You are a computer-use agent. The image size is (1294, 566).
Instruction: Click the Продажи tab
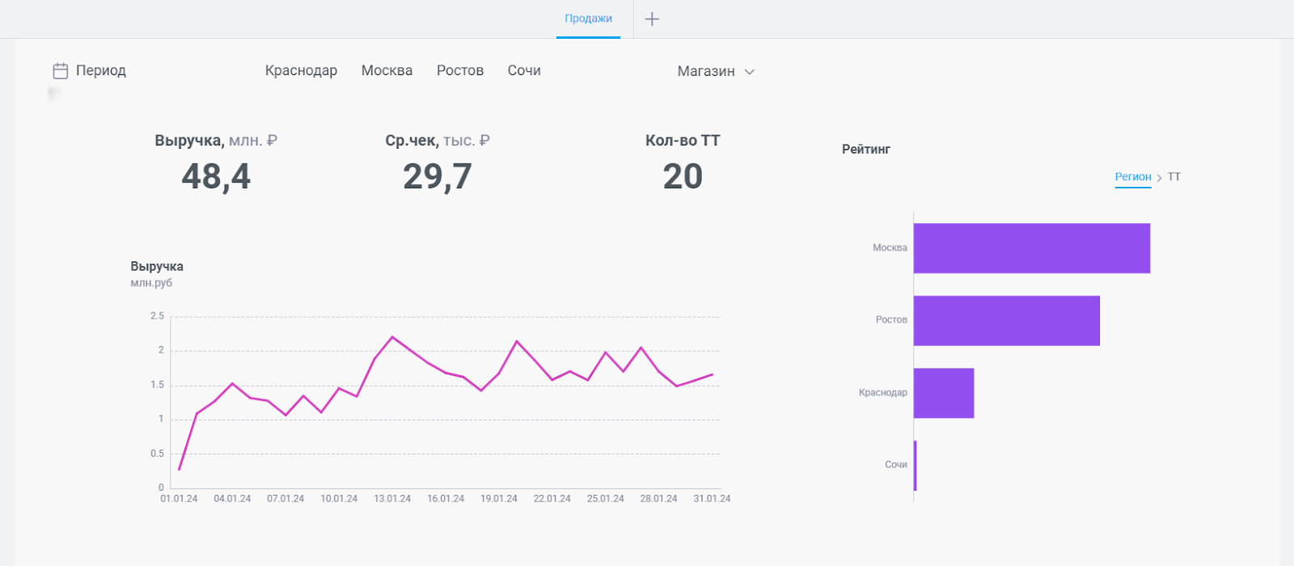pyautogui.click(x=588, y=19)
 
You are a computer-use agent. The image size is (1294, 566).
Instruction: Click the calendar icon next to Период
pyautogui.click(x=61, y=70)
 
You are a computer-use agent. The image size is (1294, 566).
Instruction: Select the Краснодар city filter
pyautogui.click(x=301, y=70)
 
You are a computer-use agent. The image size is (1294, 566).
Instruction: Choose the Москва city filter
pyautogui.click(x=387, y=70)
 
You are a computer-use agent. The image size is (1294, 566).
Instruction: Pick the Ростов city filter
pyautogui.click(x=460, y=70)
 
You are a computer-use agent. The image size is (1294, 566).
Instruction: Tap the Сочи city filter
pyautogui.click(x=524, y=70)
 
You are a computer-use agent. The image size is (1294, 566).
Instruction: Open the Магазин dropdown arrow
pyautogui.click(x=749, y=72)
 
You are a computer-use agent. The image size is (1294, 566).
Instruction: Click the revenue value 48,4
pyautogui.click(x=216, y=177)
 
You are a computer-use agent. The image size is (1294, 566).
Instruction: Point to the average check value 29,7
pyautogui.click(x=438, y=177)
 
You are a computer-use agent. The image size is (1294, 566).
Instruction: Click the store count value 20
pyautogui.click(x=683, y=176)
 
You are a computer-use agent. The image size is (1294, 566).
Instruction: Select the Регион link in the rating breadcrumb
pyautogui.click(x=1133, y=177)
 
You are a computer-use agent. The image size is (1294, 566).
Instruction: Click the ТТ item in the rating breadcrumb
pyautogui.click(x=1173, y=177)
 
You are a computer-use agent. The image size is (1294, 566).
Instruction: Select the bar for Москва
pyautogui.click(x=1032, y=248)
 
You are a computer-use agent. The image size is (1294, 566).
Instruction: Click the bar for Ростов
pyautogui.click(x=1007, y=320)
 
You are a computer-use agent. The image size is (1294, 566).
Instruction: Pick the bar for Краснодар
pyautogui.click(x=944, y=393)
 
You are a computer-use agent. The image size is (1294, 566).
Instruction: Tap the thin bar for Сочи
pyautogui.click(x=915, y=466)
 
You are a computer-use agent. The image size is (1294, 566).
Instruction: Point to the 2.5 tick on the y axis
pyautogui.click(x=157, y=316)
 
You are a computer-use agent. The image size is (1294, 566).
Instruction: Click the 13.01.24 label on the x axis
pyautogui.click(x=392, y=498)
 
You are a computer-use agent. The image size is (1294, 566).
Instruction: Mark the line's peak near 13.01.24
pyautogui.click(x=392, y=336)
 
